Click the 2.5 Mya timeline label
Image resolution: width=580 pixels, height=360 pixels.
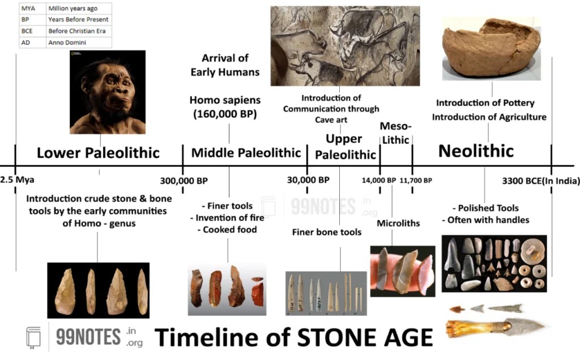[x=18, y=181]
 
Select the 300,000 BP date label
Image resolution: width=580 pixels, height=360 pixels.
[x=184, y=181]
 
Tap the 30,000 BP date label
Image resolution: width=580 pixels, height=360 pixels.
[x=308, y=180]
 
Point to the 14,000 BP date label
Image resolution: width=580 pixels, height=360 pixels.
[x=379, y=181]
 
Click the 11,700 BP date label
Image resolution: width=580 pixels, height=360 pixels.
[x=416, y=181]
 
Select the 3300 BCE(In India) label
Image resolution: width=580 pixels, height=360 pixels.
[x=541, y=181]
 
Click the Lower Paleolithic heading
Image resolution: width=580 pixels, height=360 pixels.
[x=98, y=153]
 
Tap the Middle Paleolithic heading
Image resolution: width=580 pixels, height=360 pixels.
[x=246, y=153]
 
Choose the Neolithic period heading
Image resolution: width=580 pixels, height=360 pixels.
[x=476, y=151]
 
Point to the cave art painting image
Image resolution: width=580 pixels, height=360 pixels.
[x=345, y=46]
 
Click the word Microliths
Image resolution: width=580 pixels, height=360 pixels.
[x=398, y=223]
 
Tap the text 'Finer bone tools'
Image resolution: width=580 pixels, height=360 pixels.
[x=327, y=232]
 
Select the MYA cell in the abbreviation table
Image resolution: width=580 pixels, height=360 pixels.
[x=28, y=8]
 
